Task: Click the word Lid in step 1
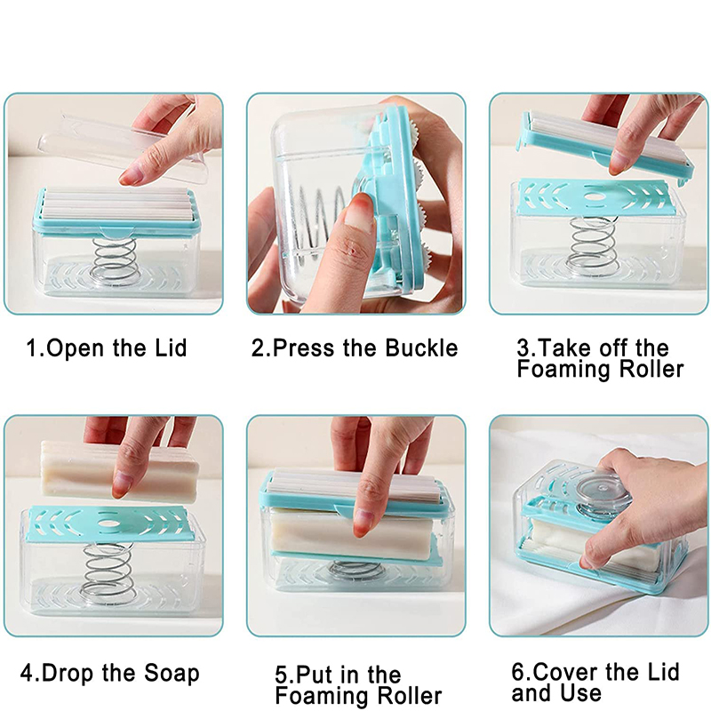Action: point(171,348)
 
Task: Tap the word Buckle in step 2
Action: point(421,348)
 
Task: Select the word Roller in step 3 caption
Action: point(651,369)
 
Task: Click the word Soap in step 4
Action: point(172,673)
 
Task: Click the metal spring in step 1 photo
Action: point(114,260)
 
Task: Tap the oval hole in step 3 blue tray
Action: point(594,197)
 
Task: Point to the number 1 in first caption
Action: point(33,348)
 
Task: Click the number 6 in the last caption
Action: point(518,672)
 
